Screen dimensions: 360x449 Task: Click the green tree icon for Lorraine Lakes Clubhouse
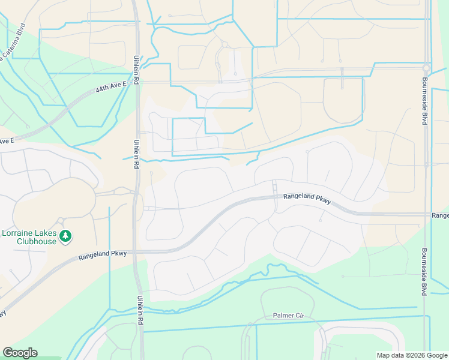tap(66, 238)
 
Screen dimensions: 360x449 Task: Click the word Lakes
tap(49, 233)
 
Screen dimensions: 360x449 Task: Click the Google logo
tap(20, 353)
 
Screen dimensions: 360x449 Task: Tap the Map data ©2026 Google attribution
tap(411, 355)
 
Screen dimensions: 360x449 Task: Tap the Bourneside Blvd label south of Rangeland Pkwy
tap(424, 271)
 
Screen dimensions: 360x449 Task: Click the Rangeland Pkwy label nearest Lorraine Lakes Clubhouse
tap(103, 254)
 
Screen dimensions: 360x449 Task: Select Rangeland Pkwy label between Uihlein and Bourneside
tap(307, 199)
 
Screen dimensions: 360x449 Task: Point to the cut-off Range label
tap(440, 215)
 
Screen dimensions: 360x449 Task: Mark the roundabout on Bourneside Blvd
tap(426, 68)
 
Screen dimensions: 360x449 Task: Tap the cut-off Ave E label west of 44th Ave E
tap(7, 141)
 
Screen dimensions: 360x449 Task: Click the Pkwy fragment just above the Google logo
tap(2, 314)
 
